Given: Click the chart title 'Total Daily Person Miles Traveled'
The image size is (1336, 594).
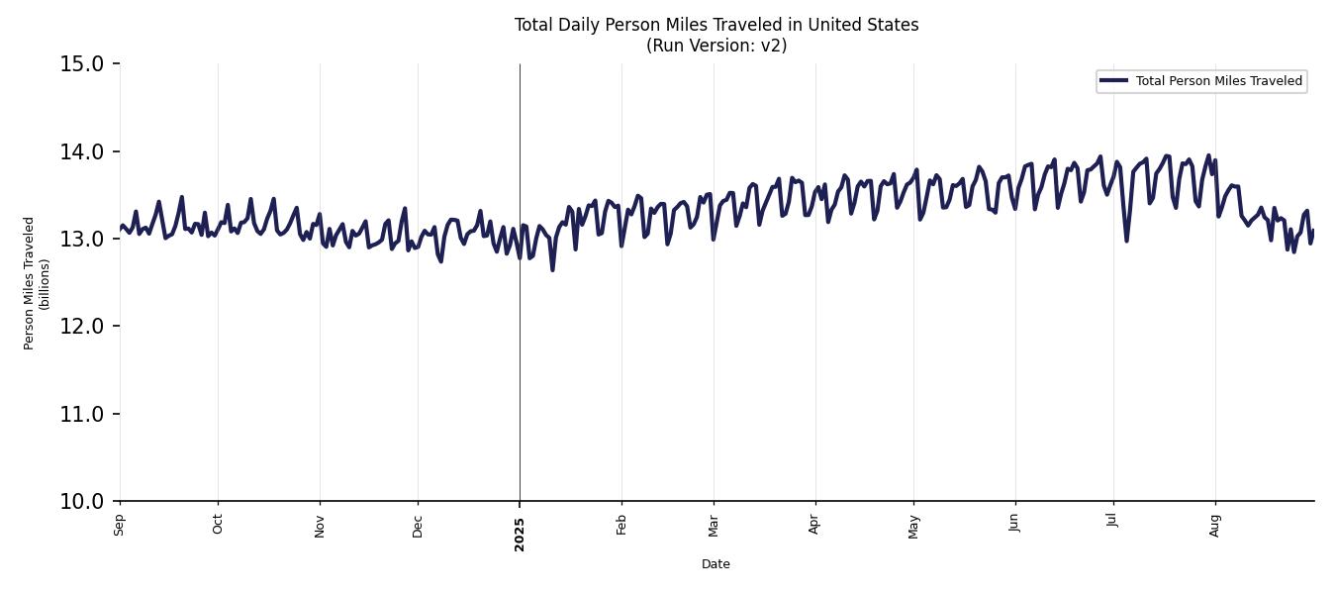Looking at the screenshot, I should [716, 25].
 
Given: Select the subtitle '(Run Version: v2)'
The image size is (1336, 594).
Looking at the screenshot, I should [716, 46].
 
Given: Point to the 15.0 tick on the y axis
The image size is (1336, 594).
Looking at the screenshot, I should [81, 64].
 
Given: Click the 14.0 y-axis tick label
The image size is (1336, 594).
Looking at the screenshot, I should [81, 151].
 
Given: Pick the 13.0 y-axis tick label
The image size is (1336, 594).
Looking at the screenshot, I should [81, 239].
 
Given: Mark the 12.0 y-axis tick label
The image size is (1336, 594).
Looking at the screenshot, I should [81, 327].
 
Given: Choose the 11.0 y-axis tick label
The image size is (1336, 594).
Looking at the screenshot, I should [81, 414].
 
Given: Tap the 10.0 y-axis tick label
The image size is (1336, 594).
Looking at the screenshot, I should [81, 501].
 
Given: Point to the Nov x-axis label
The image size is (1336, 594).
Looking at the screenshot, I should [320, 525].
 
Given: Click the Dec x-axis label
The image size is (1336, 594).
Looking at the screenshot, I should [418, 525].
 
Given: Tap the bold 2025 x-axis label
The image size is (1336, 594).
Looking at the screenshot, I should [520, 533].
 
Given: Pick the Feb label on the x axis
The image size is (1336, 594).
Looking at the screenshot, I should [621, 525].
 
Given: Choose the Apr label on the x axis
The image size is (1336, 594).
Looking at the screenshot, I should [815, 525].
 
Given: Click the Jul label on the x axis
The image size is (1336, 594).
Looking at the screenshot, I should [1113, 522].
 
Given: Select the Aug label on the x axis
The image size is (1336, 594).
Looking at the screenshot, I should [1215, 525].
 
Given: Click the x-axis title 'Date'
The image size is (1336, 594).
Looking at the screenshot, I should [716, 564].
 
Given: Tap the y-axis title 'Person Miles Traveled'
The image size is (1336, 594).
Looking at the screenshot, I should [30, 283].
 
